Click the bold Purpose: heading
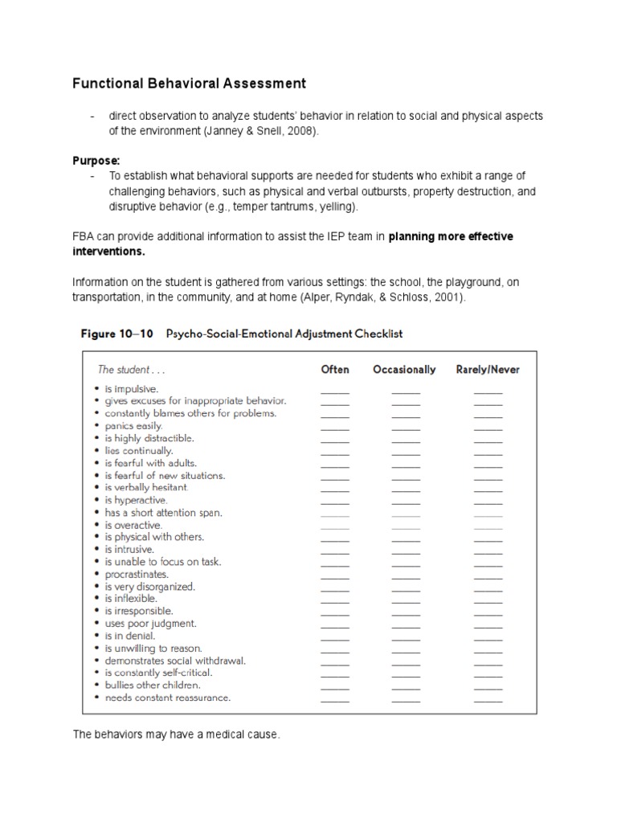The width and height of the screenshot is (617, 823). click(96, 161)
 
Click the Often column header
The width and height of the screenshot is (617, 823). click(335, 370)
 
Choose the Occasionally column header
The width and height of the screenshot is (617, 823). click(404, 370)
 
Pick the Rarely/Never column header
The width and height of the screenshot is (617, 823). click(488, 370)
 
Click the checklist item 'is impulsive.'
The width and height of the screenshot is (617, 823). click(132, 388)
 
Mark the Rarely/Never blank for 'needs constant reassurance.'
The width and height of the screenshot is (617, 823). click(488, 701)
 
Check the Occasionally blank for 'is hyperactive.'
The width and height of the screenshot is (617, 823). click(406, 502)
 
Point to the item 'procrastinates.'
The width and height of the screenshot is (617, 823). click(136, 575)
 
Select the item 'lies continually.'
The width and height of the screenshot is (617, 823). click(137, 451)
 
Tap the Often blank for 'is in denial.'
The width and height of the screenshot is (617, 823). click(335, 639)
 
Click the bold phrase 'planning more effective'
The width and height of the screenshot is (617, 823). click(451, 236)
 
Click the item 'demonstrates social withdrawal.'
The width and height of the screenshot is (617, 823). click(170, 661)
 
